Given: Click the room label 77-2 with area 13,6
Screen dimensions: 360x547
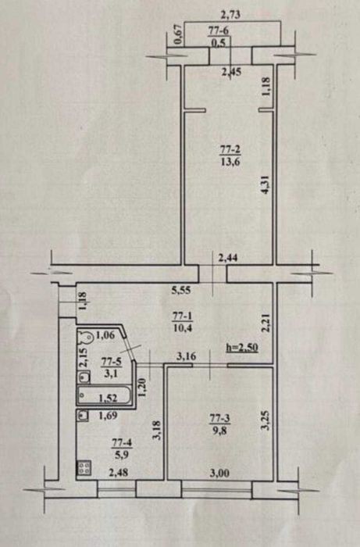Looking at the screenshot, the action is (x=230, y=156).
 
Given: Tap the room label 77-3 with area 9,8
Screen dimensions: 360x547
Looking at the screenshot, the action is (x=219, y=424).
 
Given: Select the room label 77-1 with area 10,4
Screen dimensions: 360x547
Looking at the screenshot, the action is (x=182, y=322).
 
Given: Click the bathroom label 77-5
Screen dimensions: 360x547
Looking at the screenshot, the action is (x=111, y=368).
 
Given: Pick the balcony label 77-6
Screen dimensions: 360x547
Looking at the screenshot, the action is (x=219, y=36).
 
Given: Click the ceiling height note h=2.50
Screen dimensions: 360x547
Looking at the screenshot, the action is (x=242, y=348).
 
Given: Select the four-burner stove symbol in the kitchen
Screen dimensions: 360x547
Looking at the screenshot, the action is (x=84, y=468).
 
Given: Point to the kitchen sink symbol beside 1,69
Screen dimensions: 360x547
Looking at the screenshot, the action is (x=83, y=416).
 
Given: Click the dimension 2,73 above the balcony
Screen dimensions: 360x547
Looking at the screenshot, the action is (x=232, y=16).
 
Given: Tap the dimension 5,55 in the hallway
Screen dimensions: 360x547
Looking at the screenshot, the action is (x=181, y=290).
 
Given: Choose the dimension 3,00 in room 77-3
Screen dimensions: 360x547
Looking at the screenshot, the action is (x=219, y=473).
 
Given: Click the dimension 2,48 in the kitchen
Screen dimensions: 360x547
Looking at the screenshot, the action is (x=119, y=473).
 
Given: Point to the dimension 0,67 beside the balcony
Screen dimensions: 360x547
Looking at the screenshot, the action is (x=177, y=34).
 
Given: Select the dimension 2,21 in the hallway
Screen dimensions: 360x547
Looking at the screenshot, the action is (x=266, y=323).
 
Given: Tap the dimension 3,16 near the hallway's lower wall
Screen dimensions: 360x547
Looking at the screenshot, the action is (x=186, y=356).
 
